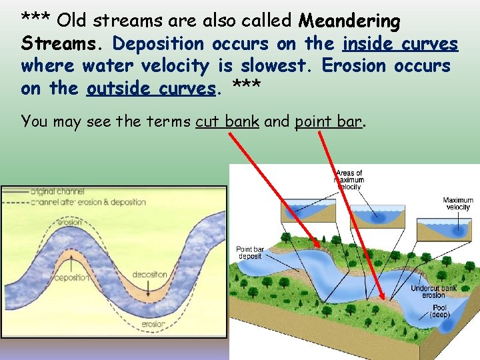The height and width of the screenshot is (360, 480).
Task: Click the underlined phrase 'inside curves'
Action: [400, 44]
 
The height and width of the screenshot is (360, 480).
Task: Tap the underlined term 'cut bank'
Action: [227, 121]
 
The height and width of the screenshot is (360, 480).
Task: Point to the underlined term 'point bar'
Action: [329, 121]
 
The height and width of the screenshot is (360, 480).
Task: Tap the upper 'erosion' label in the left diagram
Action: [69, 223]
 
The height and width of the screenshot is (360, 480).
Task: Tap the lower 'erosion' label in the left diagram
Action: [154, 324]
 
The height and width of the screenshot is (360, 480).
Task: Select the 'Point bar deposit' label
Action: [250, 253]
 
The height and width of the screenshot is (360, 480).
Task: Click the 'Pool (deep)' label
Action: [439, 310]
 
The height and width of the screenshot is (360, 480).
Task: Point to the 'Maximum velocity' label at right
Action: [458, 203]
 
